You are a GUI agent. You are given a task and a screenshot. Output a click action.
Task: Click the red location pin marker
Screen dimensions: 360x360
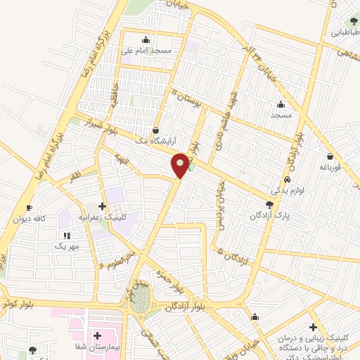pyautogui.click(x=181, y=166)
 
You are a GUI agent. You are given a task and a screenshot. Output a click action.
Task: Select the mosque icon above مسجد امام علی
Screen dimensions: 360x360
pyautogui.click(x=146, y=39)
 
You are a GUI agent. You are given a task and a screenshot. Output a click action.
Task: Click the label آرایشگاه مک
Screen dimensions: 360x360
pyautogui.click(x=154, y=141)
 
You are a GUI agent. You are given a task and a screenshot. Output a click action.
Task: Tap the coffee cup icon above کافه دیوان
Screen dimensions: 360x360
pyautogui.click(x=29, y=208)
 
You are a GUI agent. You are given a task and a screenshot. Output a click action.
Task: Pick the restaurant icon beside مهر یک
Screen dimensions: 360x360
pyautogui.click(x=67, y=236)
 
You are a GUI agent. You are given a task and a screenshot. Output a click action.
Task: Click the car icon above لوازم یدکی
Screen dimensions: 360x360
pyautogui.click(x=297, y=179)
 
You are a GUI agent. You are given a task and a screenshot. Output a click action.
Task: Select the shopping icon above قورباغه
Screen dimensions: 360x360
pyautogui.click(x=330, y=156)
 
